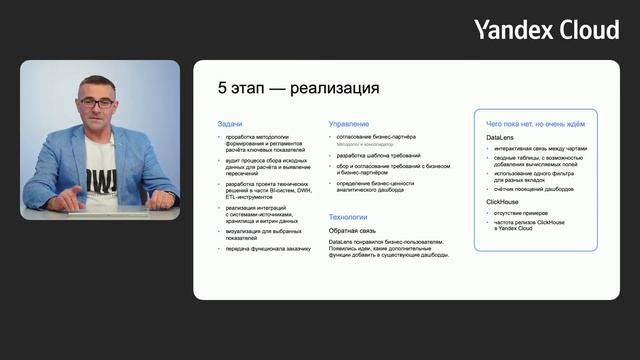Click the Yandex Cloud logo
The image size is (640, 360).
546,30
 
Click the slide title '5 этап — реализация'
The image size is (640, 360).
284,89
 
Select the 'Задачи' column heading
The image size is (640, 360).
230,124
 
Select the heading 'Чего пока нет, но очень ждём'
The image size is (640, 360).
535,123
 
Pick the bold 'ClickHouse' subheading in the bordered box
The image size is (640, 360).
504,202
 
